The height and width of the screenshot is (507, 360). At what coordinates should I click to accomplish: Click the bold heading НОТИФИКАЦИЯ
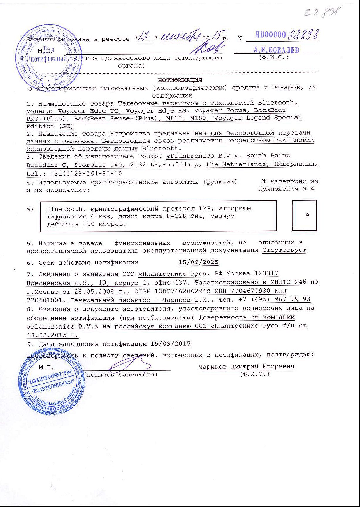tap(180, 80)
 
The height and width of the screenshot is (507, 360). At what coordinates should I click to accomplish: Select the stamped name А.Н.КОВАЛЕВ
tap(276, 50)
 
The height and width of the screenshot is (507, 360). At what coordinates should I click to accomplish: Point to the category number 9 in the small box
tap(307, 215)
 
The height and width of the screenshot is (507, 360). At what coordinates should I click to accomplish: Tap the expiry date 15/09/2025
tap(198, 262)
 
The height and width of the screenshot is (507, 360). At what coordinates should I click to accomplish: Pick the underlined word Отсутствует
tap(284, 250)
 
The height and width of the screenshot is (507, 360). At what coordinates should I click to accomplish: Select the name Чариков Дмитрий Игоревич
tap(247, 366)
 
